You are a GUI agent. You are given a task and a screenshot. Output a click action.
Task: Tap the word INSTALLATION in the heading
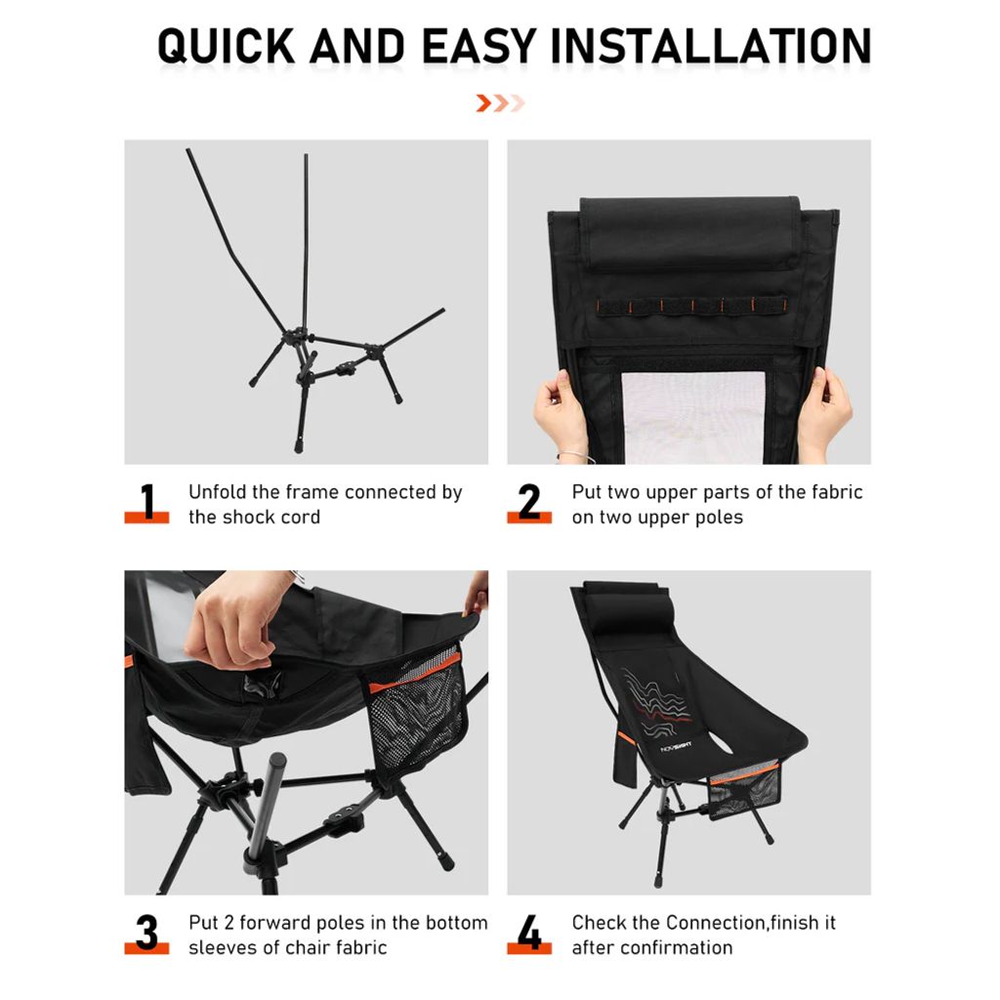pyautogui.click(x=711, y=46)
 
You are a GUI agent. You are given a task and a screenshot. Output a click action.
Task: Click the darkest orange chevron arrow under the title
pyautogui.click(x=483, y=103)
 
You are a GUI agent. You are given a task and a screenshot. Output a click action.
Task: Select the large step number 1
pyautogui.click(x=148, y=501)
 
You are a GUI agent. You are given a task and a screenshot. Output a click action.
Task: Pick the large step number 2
pyautogui.click(x=529, y=501)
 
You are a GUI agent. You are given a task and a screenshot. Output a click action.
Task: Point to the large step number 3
pyautogui.click(x=146, y=932)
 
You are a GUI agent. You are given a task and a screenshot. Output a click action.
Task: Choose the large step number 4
pyautogui.click(x=529, y=932)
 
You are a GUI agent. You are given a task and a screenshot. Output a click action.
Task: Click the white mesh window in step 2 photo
pyautogui.click(x=693, y=417)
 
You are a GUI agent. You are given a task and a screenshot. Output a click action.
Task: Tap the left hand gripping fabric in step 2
pyautogui.click(x=560, y=413)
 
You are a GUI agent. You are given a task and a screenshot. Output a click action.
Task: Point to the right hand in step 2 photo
pyautogui.click(x=823, y=412)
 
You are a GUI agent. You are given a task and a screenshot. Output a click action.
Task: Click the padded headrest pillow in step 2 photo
pyautogui.click(x=690, y=233)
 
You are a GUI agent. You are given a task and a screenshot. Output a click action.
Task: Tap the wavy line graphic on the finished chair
pyautogui.click(x=657, y=701)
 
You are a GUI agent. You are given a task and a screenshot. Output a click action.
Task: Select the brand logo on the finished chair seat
pyautogui.click(x=676, y=746)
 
